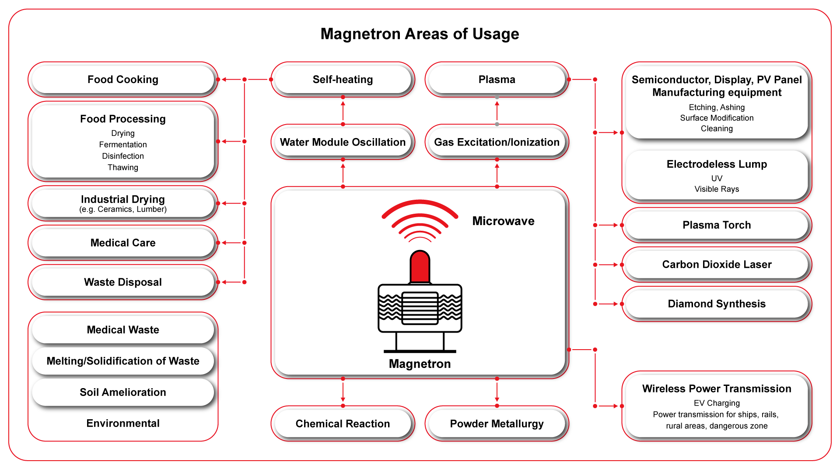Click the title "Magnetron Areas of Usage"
click(420, 34)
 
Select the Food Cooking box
click(123, 80)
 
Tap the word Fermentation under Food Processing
click(123, 145)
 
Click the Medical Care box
click(123, 243)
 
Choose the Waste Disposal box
click(123, 282)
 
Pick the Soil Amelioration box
click(123, 392)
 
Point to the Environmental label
click(123, 423)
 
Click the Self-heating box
click(343, 80)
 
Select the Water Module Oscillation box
click(343, 142)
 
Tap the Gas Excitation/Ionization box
click(497, 142)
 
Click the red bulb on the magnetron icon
click(420, 267)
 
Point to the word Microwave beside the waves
click(503, 221)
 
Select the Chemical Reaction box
click(343, 424)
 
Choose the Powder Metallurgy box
click(497, 424)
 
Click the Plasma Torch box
click(717, 225)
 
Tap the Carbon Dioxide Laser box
click(717, 264)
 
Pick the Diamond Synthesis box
click(717, 304)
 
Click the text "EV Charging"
click(717, 403)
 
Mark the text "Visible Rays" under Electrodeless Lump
click(717, 189)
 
